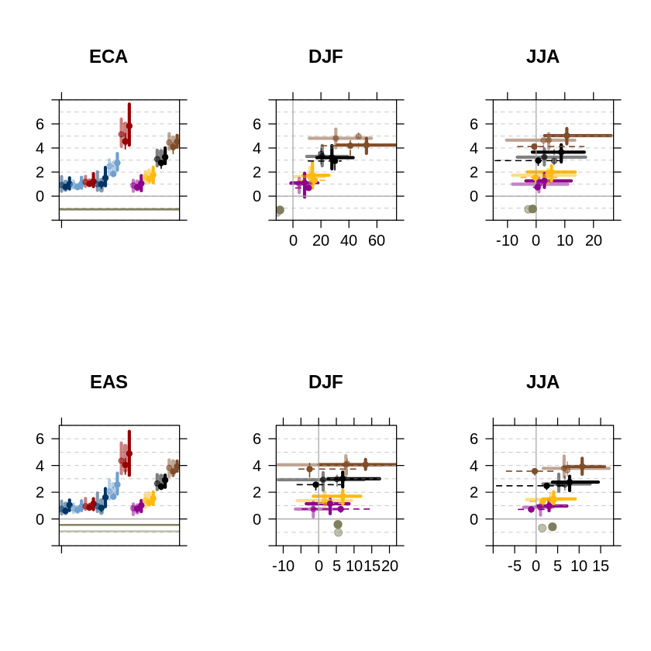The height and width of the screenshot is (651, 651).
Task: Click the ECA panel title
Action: click(108, 57)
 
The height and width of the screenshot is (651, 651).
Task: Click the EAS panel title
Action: click(108, 382)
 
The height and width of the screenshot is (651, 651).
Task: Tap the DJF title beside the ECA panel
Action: click(325, 57)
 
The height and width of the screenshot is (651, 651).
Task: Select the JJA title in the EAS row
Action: click(542, 382)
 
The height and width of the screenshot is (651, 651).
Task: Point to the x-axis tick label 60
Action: click(377, 241)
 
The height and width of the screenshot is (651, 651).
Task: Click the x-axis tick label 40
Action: click(349, 241)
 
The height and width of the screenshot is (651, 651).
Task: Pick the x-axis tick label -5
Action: click(514, 567)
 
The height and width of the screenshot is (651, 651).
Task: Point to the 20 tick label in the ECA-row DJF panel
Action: click(321, 241)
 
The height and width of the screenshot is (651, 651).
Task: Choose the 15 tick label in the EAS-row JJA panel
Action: click(601, 567)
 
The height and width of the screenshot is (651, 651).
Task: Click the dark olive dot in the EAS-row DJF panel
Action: click(338, 525)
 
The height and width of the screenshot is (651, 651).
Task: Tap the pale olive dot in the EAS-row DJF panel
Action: click(338, 532)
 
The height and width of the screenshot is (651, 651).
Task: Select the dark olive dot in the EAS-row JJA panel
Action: click(553, 526)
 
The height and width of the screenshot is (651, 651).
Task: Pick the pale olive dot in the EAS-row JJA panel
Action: click(542, 528)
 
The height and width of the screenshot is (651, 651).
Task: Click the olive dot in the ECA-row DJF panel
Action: click(280, 210)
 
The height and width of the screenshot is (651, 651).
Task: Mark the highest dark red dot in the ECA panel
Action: click(129, 126)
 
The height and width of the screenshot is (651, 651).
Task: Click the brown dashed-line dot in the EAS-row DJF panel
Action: click(310, 469)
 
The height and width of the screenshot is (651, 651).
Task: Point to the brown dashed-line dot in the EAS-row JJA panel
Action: click(535, 471)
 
